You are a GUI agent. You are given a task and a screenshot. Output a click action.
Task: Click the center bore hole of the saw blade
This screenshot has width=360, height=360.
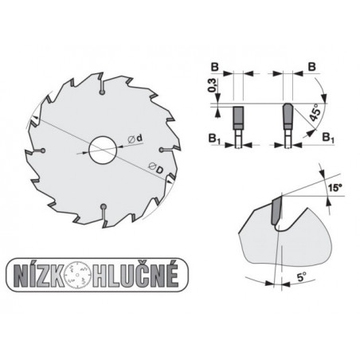point(101,151)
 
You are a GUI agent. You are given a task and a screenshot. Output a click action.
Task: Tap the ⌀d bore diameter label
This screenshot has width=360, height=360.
point(135,140)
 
